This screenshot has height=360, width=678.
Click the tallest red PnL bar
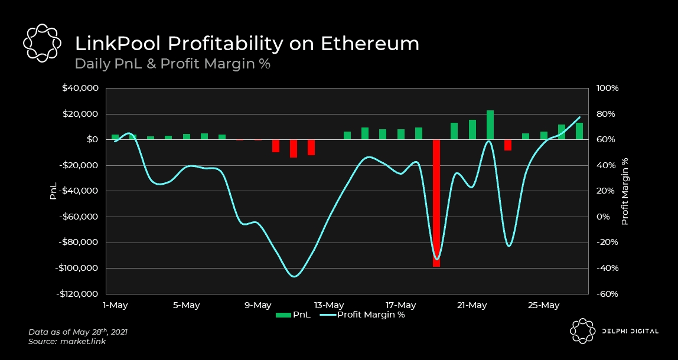pos(436,203)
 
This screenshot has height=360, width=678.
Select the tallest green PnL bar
pos(490,125)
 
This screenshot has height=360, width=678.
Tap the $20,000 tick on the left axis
pos(83,114)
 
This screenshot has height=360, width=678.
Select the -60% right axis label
pos(607,294)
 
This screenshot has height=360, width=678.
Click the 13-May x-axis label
pos(329,305)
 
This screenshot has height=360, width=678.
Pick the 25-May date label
pos(543,305)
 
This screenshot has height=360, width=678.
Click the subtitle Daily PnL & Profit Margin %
pos(172,64)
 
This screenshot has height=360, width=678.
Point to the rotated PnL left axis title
pos(53,191)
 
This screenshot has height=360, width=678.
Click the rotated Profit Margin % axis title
pos(625,191)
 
